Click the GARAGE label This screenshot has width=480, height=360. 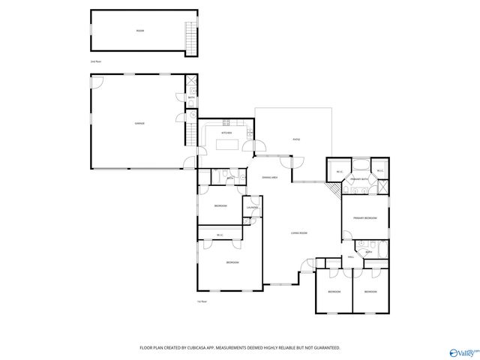coord(139,123)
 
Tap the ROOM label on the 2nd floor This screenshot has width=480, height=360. coord(139,31)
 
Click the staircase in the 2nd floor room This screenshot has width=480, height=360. coord(190,34)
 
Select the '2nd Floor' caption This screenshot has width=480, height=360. coord(95,60)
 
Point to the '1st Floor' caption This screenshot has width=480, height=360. coord(202,301)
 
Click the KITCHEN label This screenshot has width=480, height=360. coord(226,133)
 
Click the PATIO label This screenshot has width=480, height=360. coord(295,139)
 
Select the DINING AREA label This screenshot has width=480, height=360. coord(270,177)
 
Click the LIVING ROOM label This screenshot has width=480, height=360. coord(300,233)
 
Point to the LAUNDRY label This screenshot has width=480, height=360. coord(253,207)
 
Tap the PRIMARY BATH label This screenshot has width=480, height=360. coord(359,180)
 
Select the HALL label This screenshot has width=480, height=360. coord(350,257)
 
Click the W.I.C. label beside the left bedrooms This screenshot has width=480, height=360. coord(220,235)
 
